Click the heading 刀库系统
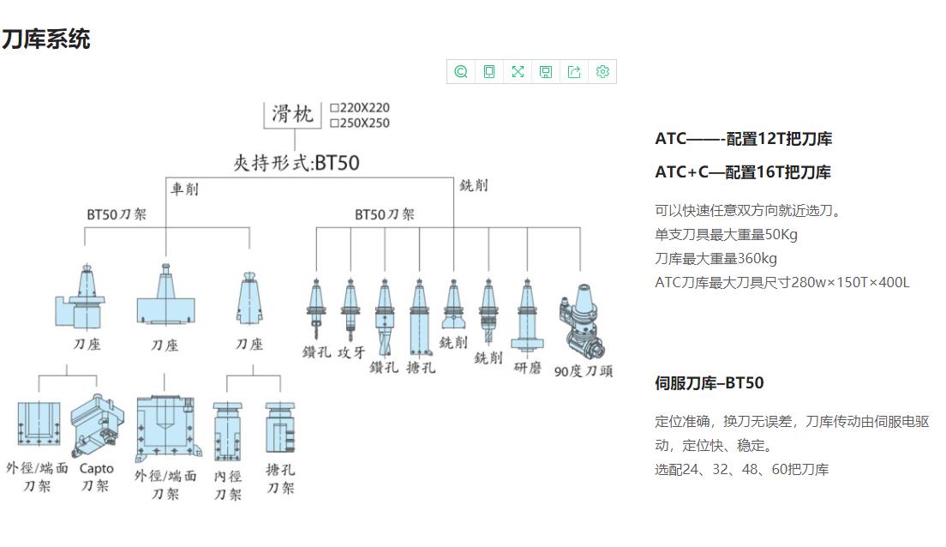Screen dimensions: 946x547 [x=46, y=39]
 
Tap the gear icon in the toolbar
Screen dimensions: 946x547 [x=602, y=72]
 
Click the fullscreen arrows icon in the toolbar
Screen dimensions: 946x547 [x=518, y=72]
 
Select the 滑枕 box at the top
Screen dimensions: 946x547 [x=292, y=114]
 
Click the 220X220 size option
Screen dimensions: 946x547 [x=360, y=107]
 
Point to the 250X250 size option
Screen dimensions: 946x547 [x=360, y=123]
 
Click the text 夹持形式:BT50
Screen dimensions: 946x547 [x=296, y=163]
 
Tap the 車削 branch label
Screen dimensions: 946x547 [x=184, y=189]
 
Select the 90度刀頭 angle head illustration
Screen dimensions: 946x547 [x=582, y=322]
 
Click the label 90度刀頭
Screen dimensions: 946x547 [x=584, y=371]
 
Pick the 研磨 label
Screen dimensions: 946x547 [x=527, y=368]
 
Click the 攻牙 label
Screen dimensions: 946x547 [x=351, y=352]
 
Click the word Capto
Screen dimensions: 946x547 [x=97, y=468]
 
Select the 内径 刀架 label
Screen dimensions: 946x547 [x=228, y=485]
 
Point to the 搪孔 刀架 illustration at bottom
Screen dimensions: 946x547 [x=280, y=428]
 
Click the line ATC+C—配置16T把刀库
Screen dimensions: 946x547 [x=743, y=172]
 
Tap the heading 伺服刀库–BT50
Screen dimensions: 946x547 [x=709, y=382]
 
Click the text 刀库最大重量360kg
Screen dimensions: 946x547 [x=715, y=258]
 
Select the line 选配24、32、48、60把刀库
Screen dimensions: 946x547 [x=741, y=469]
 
